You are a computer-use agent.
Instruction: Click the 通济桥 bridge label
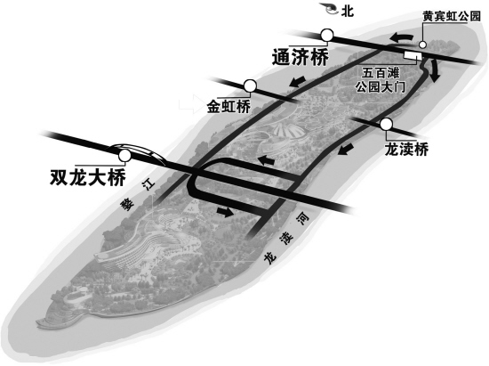click(301, 58)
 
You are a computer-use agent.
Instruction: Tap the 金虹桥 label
click(228, 107)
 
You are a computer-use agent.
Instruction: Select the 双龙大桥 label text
click(88, 178)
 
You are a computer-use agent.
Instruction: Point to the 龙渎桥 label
click(406, 150)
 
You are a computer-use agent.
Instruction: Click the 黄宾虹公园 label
click(452, 16)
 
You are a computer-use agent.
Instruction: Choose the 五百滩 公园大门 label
click(381, 80)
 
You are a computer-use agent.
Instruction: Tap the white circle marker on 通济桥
click(327, 36)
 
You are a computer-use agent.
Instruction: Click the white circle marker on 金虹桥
click(250, 85)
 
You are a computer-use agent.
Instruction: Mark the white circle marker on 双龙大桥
click(125, 155)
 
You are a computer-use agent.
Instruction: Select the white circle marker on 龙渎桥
click(387, 125)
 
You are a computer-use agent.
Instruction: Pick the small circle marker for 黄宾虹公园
click(422, 45)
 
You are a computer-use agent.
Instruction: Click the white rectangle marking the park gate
click(413, 55)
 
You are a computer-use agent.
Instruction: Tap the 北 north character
click(347, 12)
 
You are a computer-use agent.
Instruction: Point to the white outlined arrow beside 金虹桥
click(191, 104)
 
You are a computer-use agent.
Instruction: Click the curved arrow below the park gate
click(434, 71)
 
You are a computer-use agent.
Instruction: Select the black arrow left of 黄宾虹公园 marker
click(401, 37)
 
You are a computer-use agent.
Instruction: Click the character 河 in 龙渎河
click(303, 220)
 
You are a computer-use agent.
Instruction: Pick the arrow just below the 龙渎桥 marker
click(346, 149)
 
